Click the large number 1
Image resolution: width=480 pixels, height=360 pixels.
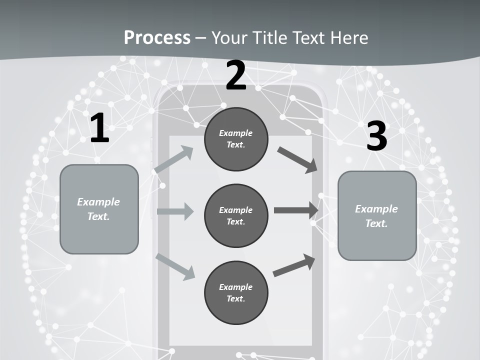pos(99,128)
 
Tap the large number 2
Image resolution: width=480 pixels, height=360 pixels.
pos(235,76)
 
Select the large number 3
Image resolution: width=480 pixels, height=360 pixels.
pos(376,136)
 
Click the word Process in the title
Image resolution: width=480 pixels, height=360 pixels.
pos(157,37)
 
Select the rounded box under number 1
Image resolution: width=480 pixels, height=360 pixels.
pos(99,209)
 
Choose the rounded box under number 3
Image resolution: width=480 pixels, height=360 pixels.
pos(377,216)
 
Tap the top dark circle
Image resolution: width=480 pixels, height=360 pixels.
pos(236,139)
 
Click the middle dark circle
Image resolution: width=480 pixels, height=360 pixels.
pos(236,215)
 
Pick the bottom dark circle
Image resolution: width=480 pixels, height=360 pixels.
pos(236,292)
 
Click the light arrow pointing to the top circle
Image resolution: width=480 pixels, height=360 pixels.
pos(174,159)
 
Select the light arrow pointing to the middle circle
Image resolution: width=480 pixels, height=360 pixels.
pos(175,211)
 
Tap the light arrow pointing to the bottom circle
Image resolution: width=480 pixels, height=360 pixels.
pos(175,267)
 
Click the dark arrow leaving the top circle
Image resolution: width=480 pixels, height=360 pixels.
pos(298,160)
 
